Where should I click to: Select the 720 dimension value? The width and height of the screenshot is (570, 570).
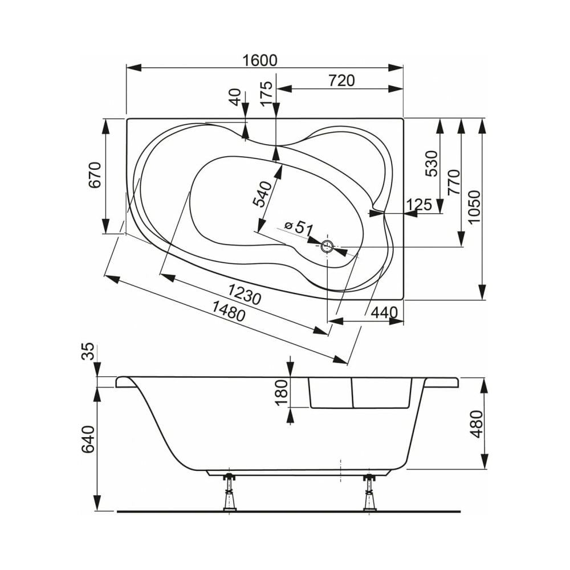tap(341, 81)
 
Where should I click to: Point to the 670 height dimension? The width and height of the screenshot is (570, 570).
tap(95, 175)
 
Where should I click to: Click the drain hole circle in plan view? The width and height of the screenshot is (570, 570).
tap(327, 247)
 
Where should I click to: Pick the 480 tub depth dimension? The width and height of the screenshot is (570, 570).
tap(476, 423)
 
